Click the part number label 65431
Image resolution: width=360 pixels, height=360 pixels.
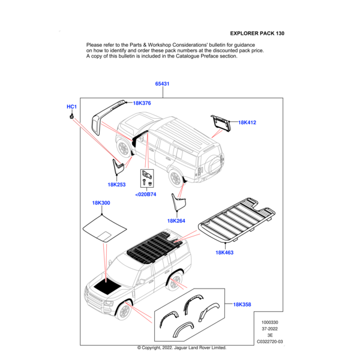[162, 84]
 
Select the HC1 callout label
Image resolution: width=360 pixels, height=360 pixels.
[71, 107]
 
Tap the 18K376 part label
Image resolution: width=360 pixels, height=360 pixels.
[142, 103]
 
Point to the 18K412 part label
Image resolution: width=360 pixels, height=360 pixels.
[247, 122]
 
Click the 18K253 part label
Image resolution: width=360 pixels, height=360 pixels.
[116, 185]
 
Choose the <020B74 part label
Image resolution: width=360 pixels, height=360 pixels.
[145, 194]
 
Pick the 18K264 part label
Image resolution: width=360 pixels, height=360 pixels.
[176, 221]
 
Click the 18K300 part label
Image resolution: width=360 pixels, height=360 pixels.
[101, 203]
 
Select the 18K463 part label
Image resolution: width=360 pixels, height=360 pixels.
[224, 253]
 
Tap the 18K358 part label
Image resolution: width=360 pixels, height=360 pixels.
[242, 305]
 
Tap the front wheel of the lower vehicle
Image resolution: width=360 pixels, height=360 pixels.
[124, 311]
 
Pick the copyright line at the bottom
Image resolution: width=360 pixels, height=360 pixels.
[181, 348]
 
